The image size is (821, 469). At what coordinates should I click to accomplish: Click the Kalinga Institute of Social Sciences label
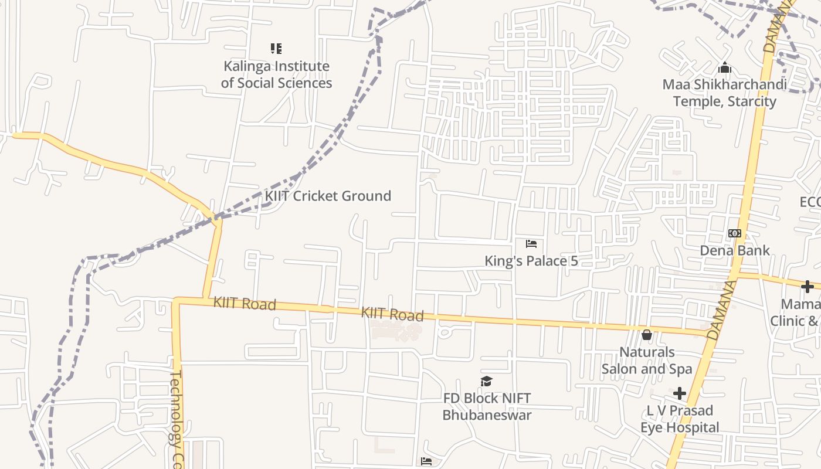(x=276, y=74)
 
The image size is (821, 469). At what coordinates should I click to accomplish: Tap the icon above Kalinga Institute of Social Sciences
(x=276, y=49)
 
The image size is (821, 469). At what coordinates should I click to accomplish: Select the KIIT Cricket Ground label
(x=328, y=196)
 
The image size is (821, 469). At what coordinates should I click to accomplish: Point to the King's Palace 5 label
(x=531, y=261)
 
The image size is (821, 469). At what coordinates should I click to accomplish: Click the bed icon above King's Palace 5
(x=531, y=243)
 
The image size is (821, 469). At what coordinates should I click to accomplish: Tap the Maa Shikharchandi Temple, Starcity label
(x=725, y=93)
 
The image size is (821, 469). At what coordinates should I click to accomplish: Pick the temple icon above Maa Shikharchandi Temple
(x=725, y=68)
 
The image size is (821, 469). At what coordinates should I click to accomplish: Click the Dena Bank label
(x=735, y=250)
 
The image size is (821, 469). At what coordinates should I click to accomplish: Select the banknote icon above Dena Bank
(x=735, y=233)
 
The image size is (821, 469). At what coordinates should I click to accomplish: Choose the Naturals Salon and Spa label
(x=647, y=361)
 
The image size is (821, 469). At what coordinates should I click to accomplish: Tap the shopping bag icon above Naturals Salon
(x=647, y=335)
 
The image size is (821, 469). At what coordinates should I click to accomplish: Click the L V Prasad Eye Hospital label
(x=680, y=419)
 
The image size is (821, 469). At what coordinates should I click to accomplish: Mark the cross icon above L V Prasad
(x=680, y=393)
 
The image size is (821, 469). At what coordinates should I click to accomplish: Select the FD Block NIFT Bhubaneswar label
(x=487, y=406)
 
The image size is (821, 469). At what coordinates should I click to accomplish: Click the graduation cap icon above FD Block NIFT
(x=487, y=382)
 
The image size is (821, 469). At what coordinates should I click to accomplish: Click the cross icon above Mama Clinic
(x=808, y=287)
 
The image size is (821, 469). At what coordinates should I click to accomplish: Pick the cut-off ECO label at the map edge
(x=810, y=202)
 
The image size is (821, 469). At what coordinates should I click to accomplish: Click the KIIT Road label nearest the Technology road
(x=245, y=303)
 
